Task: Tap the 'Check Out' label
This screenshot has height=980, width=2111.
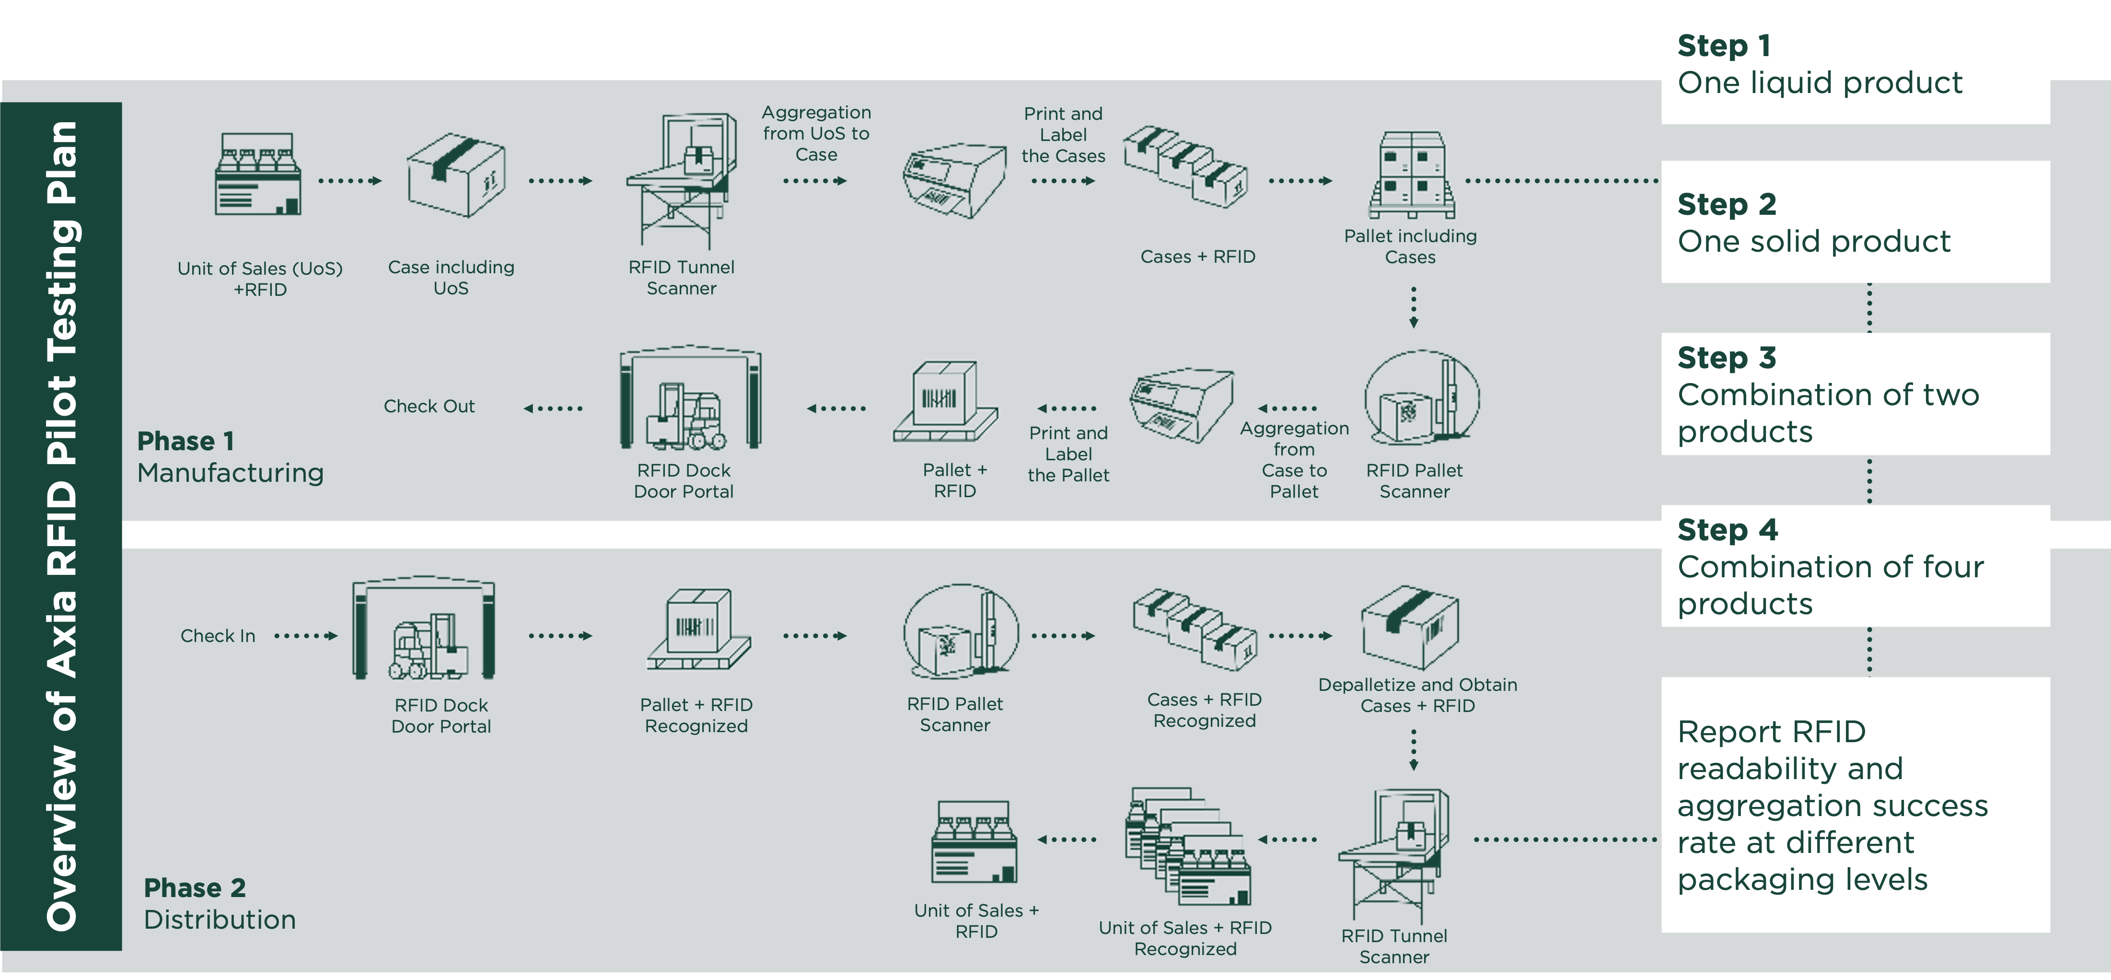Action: coord(429,407)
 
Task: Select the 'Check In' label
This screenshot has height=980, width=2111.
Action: coord(218,636)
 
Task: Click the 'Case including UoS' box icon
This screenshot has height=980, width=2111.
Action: coord(456,175)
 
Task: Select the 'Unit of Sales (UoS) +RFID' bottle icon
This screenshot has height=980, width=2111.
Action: coord(258,174)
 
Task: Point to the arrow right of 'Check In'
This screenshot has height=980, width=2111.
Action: coord(306,636)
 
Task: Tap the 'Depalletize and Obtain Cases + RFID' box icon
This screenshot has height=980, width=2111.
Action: coord(1410,628)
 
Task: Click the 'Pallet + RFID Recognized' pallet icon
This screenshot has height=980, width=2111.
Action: coord(698,630)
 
